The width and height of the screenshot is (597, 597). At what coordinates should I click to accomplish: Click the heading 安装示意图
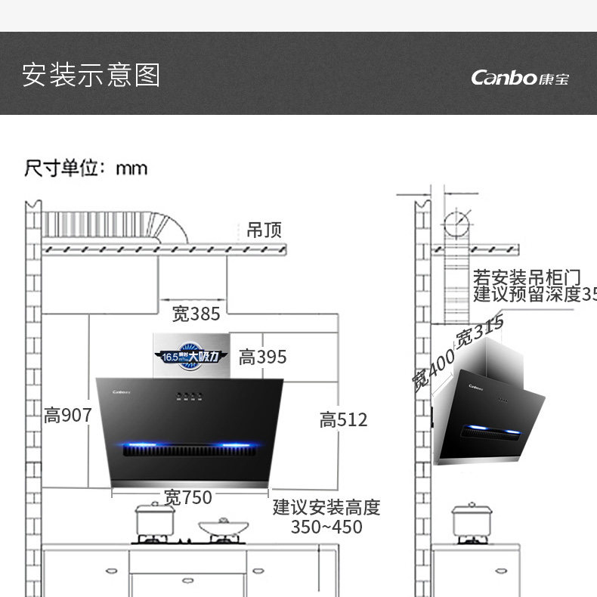91,76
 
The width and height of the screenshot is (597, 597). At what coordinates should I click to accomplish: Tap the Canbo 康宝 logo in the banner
520,77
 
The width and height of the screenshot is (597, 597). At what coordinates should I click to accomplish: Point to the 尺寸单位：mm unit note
86,167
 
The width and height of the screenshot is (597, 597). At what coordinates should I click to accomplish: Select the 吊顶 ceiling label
264,230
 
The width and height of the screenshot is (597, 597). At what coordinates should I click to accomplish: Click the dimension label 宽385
196,314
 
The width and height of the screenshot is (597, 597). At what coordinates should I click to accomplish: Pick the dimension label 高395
263,357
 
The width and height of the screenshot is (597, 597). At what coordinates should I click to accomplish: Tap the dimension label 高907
68,415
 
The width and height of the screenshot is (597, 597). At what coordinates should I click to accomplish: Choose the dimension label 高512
343,419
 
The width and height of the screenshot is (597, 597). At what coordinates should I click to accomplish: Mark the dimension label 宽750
188,497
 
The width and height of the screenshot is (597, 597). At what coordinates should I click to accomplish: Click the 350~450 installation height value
326,527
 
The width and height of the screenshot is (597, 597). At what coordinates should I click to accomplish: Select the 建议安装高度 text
326,506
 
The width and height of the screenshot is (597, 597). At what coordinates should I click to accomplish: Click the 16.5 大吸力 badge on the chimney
190,355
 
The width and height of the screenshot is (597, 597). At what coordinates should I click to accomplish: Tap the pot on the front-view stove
155,519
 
